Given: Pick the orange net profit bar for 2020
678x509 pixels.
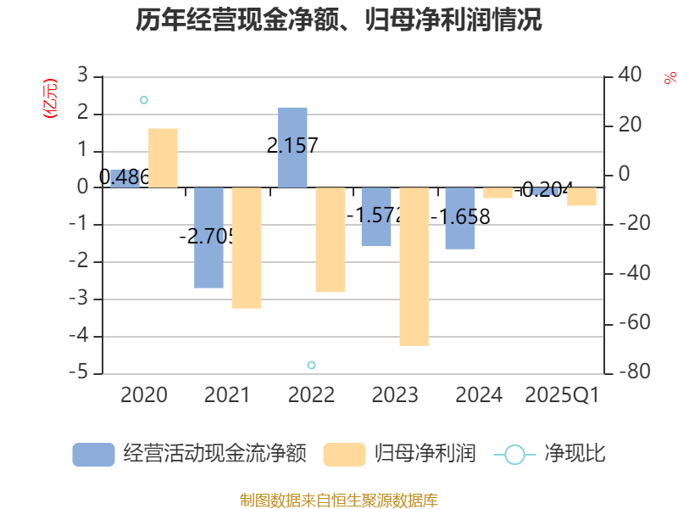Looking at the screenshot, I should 163,158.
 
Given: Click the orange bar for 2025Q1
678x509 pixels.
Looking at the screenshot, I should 581,197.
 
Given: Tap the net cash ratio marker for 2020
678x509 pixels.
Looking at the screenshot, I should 143,100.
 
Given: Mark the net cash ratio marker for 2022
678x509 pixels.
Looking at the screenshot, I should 311,365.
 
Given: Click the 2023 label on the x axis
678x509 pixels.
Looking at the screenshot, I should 395,395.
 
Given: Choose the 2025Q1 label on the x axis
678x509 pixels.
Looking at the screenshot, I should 563,395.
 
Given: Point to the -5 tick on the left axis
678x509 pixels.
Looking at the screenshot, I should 82,373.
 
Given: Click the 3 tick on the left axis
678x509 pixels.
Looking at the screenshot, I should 82,76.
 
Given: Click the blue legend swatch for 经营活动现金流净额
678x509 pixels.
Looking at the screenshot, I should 93,455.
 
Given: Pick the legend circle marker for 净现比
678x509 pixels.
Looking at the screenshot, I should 514,455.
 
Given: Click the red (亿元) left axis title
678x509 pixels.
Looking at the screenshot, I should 50,98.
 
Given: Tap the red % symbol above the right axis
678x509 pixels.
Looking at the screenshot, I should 670,78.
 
